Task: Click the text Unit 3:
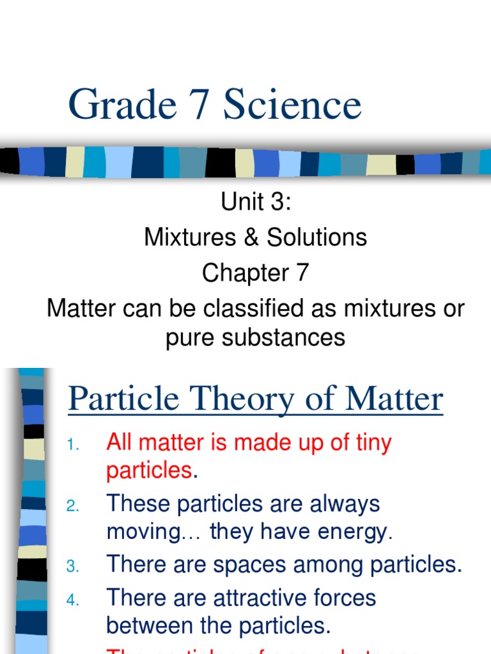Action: (x=256, y=202)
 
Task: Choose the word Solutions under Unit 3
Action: (x=316, y=238)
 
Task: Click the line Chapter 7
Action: (x=256, y=273)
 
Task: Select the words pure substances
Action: (x=256, y=338)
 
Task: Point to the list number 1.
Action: (x=73, y=445)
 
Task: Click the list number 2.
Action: (x=73, y=506)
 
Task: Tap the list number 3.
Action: (x=73, y=567)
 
